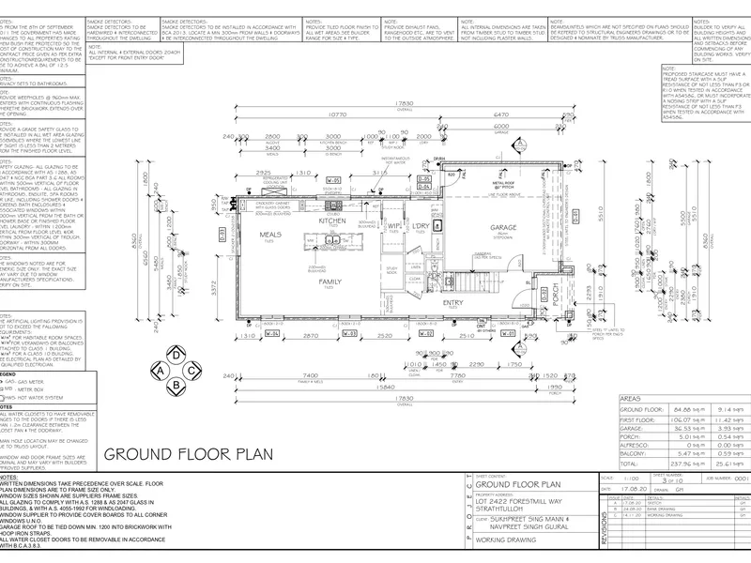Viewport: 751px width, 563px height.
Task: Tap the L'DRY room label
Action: click(421, 226)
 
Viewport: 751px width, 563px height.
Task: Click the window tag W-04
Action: click(272, 333)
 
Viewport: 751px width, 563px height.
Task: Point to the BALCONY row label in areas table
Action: click(636, 453)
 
